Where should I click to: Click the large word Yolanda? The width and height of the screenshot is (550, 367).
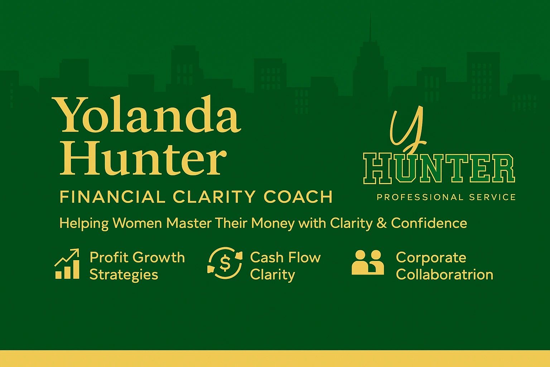[146, 114]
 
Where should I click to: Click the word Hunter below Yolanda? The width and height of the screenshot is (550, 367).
[143, 158]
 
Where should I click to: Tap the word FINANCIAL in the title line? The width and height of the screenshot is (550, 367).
[112, 197]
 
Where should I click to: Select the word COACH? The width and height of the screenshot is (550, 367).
[298, 197]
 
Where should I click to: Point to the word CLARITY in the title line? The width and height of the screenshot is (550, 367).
[214, 197]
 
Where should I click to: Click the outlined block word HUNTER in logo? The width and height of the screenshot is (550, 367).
[439, 169]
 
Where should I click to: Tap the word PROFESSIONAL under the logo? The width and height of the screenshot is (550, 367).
[420, 197]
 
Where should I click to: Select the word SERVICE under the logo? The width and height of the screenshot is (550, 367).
[492, 197]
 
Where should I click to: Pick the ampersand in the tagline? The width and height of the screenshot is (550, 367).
[382, 223]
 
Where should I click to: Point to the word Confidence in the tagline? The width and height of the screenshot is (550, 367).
[429, 223]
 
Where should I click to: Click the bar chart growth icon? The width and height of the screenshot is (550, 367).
[67, 264]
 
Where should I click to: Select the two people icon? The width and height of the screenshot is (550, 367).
[368, 262]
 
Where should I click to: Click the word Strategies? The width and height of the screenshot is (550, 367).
[124, 275]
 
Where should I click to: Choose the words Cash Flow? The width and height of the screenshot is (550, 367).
[285, 258]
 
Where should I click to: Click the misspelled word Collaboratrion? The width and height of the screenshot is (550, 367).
[444, 274]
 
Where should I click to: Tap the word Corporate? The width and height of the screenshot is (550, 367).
[431, 258]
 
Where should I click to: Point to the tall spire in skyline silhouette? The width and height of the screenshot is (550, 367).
[370, 27]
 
